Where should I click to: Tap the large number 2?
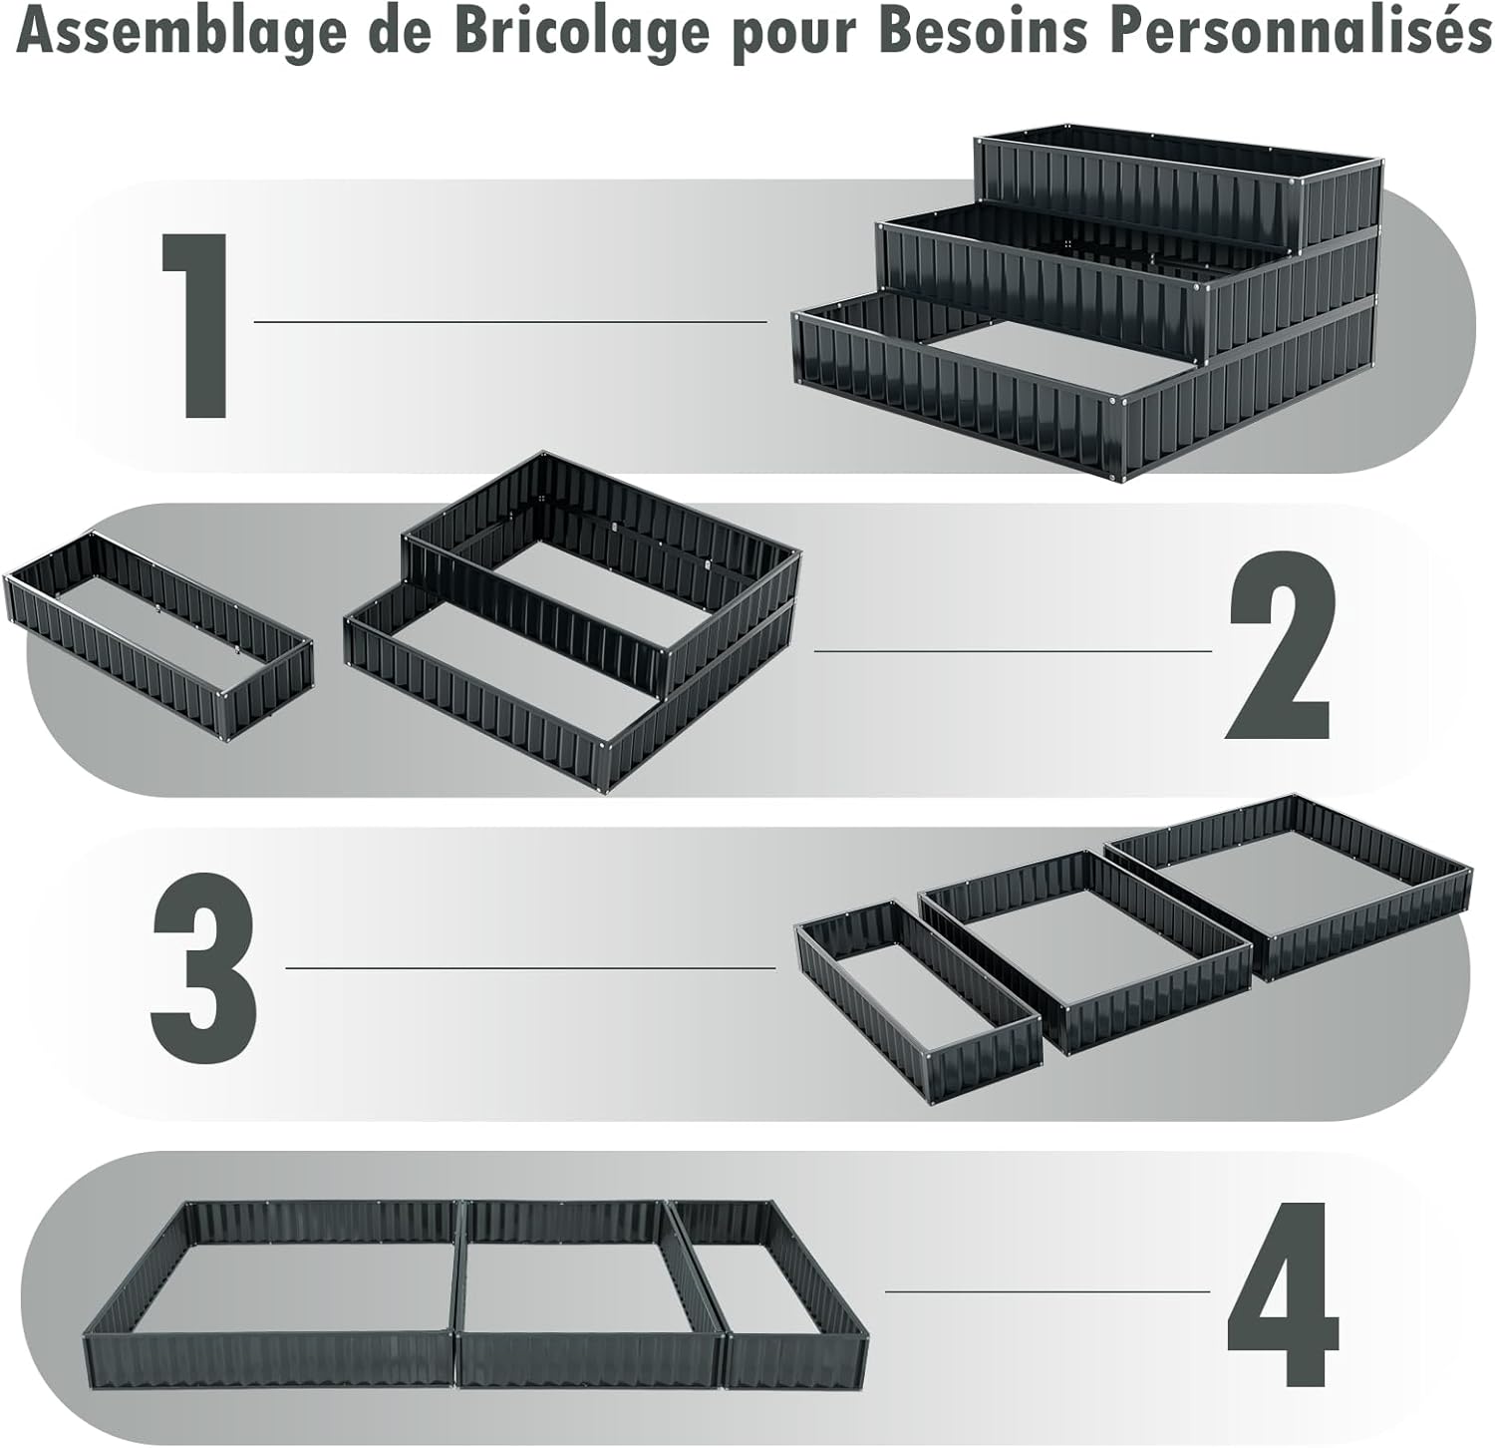point(1279,645)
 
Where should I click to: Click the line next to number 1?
point(510,322)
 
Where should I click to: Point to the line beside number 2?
point(1014,651)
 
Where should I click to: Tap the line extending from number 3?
point(530,967)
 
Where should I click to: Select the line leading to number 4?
point(1047,1291)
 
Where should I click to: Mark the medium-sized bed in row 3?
point(1084,951)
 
